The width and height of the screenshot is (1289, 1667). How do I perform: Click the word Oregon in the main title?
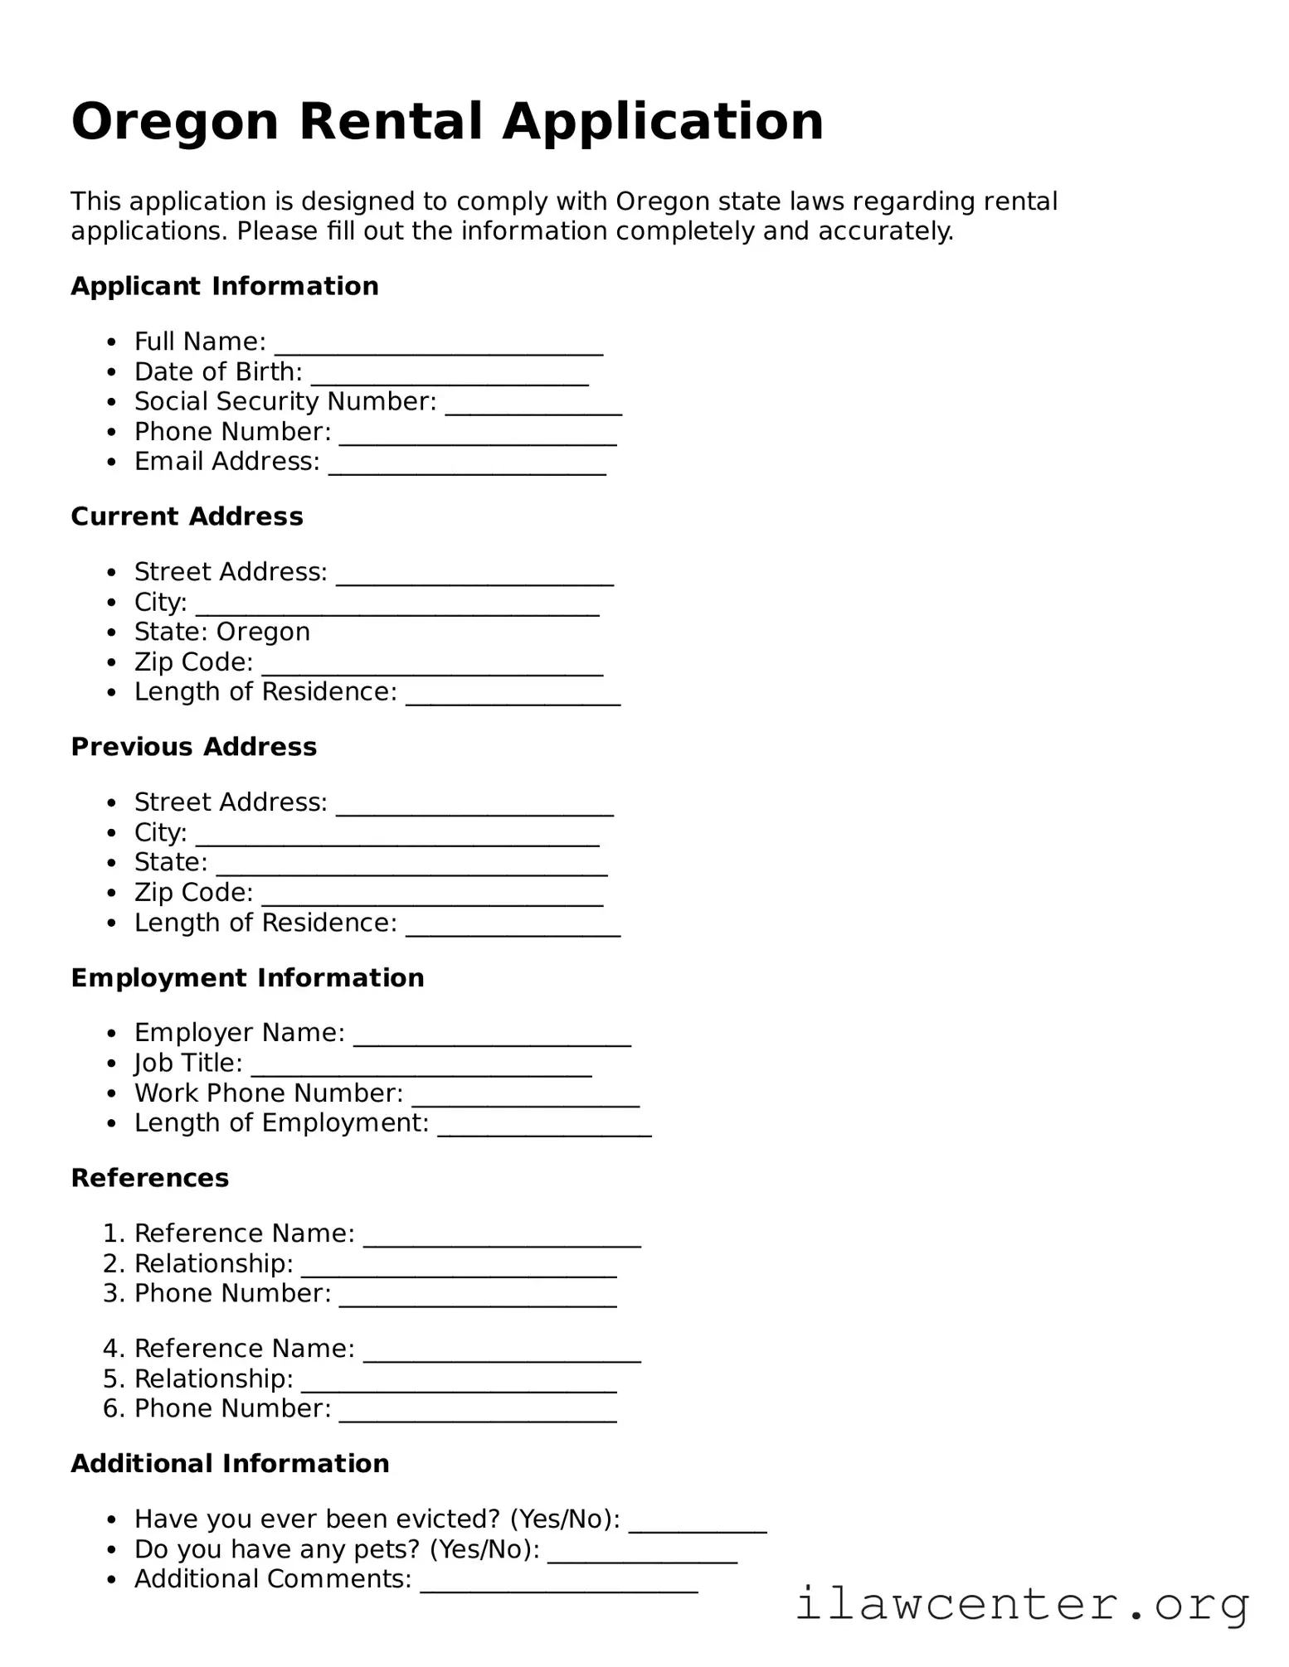(x=174, y=122)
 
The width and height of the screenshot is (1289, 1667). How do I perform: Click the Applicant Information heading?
(x=224, y=286)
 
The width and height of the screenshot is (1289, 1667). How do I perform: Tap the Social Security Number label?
(x=285, y=402)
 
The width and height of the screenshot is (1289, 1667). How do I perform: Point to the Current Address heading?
(x=187, y=516)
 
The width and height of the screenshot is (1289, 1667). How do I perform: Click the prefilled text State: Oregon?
(x=221, y=632)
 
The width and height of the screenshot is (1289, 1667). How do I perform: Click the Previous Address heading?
(x=193, y=747)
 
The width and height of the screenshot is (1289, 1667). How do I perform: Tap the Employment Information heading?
(x=247, y=978)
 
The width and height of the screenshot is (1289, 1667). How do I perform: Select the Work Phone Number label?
(x=268, y=1093)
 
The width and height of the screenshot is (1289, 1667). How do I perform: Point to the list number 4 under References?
(x=113, y=1349)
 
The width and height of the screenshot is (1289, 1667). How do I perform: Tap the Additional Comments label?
(x=272, y=1579)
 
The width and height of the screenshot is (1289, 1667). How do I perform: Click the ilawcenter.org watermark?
(x=1021, y=1604)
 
